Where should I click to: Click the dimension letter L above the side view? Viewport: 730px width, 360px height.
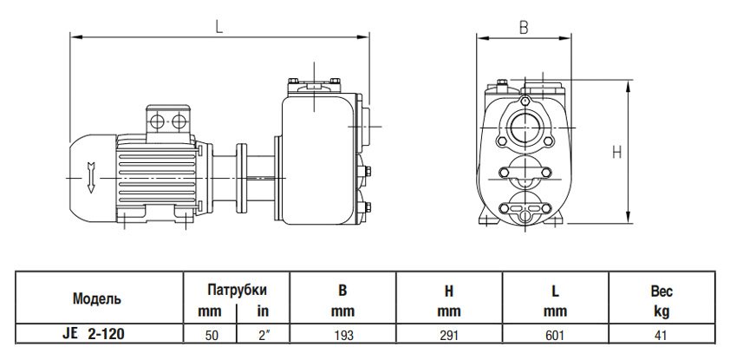(219, 27)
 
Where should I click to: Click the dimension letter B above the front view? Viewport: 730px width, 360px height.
(523, 27)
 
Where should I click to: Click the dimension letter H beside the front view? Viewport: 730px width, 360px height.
(616, 153)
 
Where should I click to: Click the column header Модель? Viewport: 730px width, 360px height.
(96, 298)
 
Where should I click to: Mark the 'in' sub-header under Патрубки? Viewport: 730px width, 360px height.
(260, 310)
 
